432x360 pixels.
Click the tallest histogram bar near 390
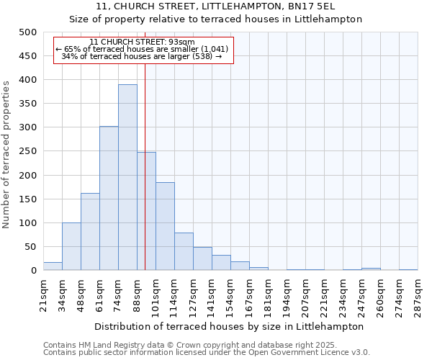coord(127,177)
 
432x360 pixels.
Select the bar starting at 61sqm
coord(109,198)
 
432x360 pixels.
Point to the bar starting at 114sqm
coord(184,251)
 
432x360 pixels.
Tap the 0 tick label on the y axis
coord(33,271)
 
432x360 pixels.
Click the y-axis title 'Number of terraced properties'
coord(6,154)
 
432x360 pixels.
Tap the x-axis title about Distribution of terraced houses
coord(230,326)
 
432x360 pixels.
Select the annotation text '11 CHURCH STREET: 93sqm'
coord(142,42)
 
